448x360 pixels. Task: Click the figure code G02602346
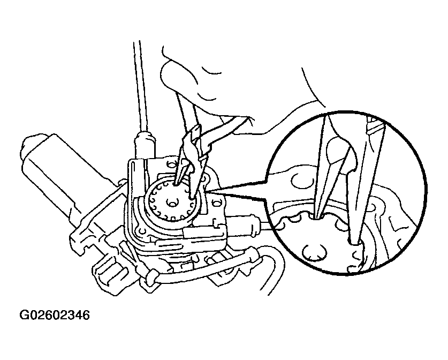pos(54,316)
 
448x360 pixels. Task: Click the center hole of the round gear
pos(172,204)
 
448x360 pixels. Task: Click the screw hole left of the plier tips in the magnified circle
pos(298,181)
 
